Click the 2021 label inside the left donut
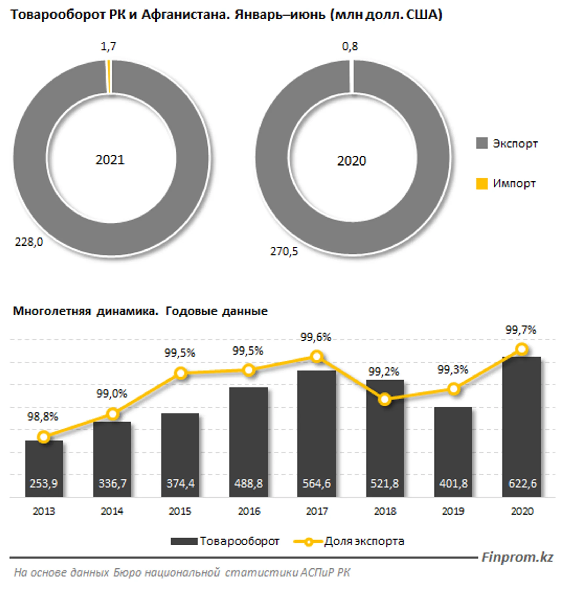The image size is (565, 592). [x=110, y=160]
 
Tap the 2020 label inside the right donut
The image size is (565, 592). [x=352, y=161]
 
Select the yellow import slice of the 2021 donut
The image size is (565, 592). [x=109, y=77]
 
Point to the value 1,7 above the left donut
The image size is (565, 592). [x=108, y=46]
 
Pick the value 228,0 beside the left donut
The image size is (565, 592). [x=29, y=242]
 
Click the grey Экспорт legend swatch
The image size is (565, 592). [x=482, y=143]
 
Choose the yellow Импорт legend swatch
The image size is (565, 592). [x=482, y=183]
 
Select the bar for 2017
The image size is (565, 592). [x=316, y=422]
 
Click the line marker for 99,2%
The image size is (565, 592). [x=385, y=400]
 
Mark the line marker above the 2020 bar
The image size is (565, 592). [x=522, y=349]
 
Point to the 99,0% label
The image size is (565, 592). [x=112, y=394]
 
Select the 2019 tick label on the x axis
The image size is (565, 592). [x=453, y=511]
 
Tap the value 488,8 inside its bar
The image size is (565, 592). [x=248, y=483]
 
